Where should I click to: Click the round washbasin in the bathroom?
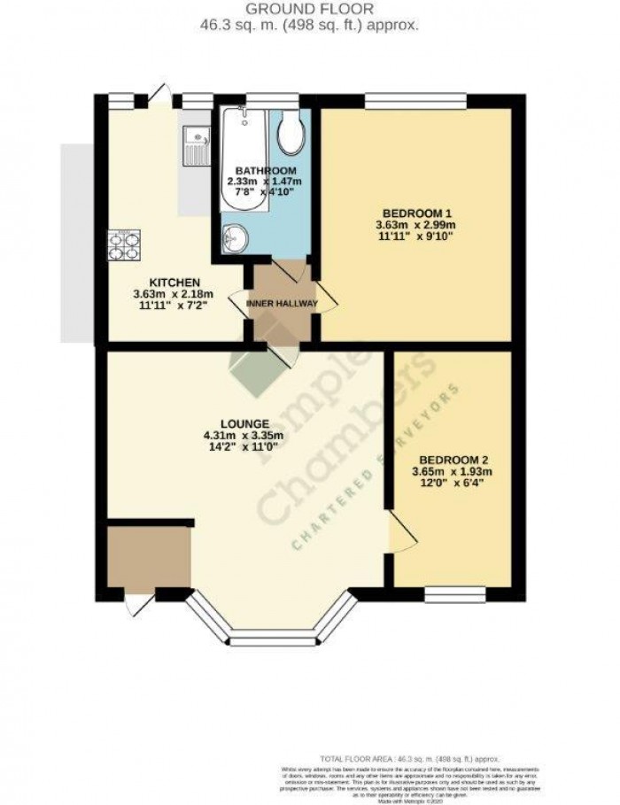[235, 237]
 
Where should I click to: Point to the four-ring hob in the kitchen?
[124, 245]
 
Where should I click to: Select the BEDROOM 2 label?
[453, 460]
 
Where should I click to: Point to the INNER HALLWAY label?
[283, 304]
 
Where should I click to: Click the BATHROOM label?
[265, 170]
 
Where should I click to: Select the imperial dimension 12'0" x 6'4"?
[453, 485]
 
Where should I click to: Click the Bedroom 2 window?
[454, 592]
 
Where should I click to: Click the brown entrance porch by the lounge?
[148, 557]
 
